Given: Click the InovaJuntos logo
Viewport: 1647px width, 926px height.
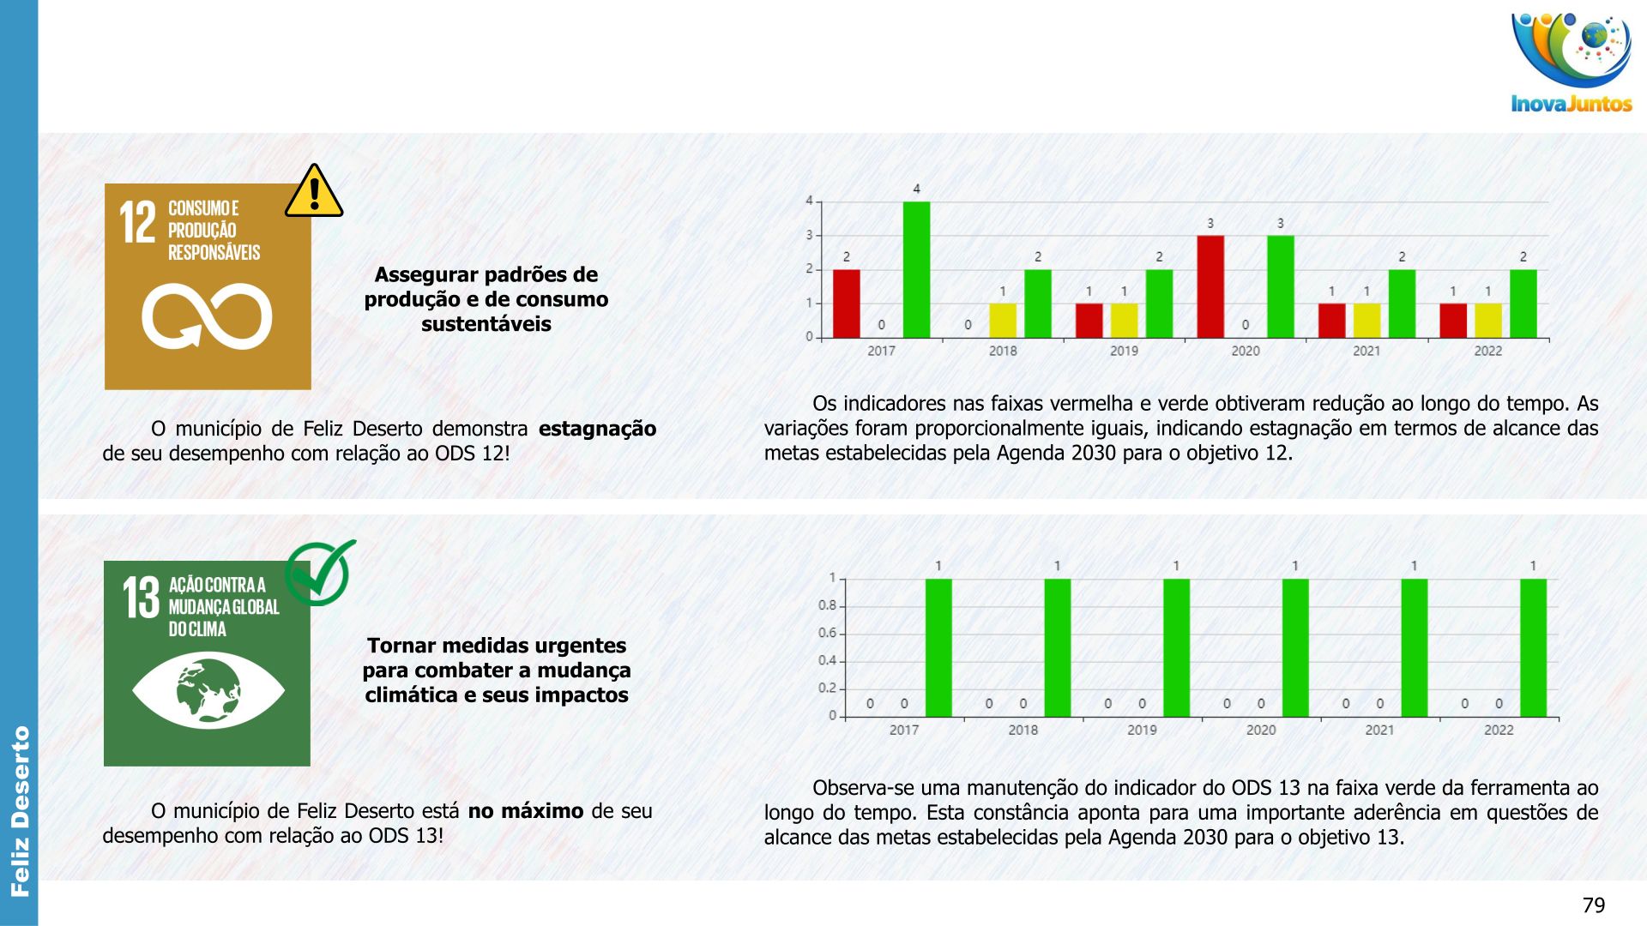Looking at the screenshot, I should coord(1572,62).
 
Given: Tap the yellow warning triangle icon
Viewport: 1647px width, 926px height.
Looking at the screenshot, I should coord(314,193).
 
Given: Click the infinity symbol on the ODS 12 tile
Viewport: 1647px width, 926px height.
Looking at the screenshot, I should coord(207,316).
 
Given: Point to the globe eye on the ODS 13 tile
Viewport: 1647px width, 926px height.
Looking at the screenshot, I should coord(208,689).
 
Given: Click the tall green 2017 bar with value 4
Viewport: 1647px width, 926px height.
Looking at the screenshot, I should coord(916,270).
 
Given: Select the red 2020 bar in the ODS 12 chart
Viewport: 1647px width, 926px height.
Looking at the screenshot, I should coord(1210,286).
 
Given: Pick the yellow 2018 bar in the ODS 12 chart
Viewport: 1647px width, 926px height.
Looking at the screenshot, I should coord(1003,321).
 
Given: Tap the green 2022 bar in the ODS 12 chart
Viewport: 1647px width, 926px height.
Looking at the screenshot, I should coord(1523,304).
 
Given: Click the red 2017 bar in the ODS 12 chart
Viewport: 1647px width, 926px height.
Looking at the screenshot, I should coord(846,304).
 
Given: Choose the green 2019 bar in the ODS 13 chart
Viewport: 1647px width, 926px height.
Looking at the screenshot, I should coord(1176,648).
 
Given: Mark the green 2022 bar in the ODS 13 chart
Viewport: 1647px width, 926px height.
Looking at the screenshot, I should coord(1533,648).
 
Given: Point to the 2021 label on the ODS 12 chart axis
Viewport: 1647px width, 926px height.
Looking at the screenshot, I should coord(1366,351).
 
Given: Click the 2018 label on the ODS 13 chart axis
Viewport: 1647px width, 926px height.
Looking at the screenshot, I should coord(1023,730).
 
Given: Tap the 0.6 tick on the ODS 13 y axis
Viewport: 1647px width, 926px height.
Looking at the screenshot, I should coord(827,633).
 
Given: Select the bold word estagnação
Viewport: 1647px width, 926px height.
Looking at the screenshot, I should coord(597,429).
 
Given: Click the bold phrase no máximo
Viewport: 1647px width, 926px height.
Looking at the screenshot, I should coord(525,811).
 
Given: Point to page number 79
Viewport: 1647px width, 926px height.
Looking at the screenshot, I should coord(1593,905).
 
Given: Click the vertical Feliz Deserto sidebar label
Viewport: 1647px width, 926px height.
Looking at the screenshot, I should coord(20,811).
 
